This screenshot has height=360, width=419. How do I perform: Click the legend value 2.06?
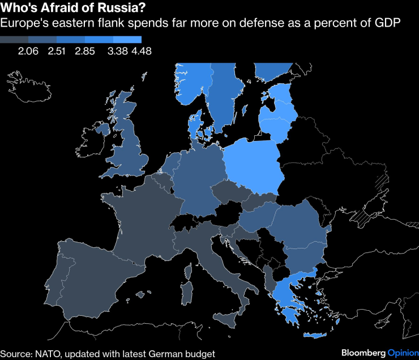tap(28, 52)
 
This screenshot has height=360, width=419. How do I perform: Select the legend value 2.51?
tap(57, 52)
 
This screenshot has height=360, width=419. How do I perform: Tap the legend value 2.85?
tap(85, 52)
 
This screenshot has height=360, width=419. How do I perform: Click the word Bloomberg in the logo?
tap(359, 353)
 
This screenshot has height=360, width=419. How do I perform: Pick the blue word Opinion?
tap(403, 353)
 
